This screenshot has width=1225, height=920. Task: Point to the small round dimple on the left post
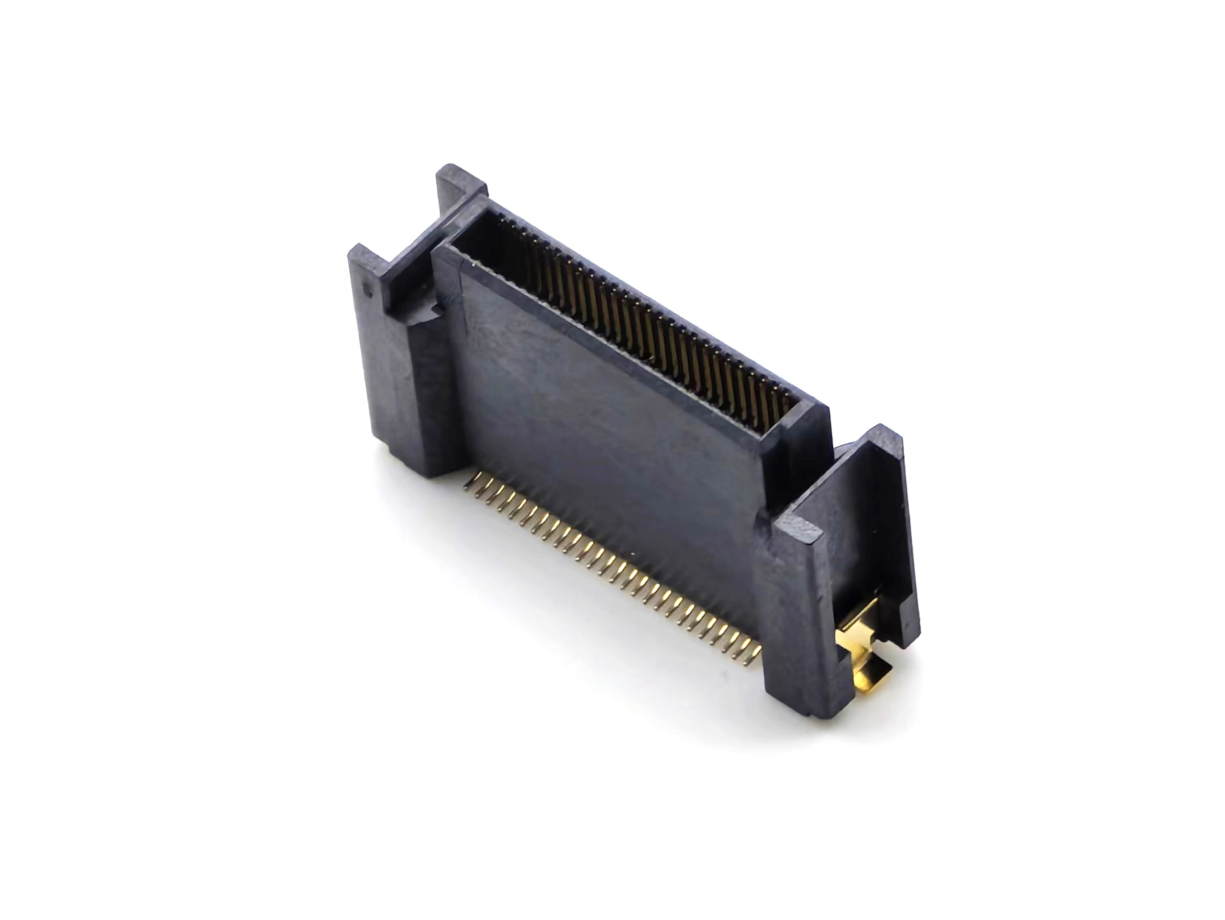pos(365,287)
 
